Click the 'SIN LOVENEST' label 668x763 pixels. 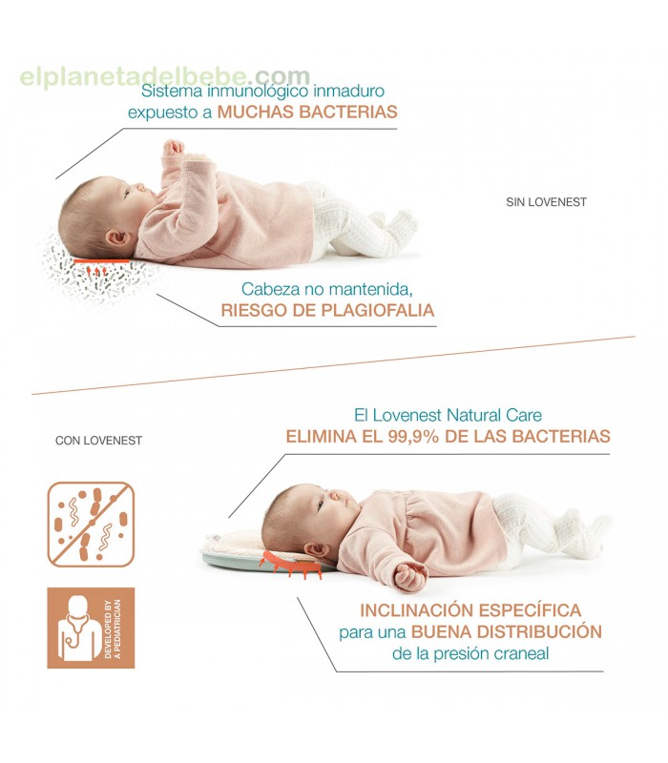coord(546,202)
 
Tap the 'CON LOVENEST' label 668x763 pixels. coord(99,441)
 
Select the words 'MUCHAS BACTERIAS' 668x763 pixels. coord(307,112)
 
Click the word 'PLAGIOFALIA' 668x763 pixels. coord(375,310)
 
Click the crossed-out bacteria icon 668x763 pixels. coord(91,525)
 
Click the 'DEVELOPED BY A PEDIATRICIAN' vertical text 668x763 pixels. coord(113,629)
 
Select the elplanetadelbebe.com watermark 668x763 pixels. coord(165,76)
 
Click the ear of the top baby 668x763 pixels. coord(118,237)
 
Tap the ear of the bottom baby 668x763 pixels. coord(317,551)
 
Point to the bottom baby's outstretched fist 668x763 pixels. coord(410,577)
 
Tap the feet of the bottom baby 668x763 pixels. coord(584,533)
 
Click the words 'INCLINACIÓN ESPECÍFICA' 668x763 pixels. coord(470,610)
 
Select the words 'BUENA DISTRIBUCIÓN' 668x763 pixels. coord(507,631)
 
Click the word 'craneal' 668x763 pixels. coord(521,653)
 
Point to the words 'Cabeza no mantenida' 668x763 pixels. coord(326,289)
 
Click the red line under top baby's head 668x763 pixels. coord(101,261)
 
